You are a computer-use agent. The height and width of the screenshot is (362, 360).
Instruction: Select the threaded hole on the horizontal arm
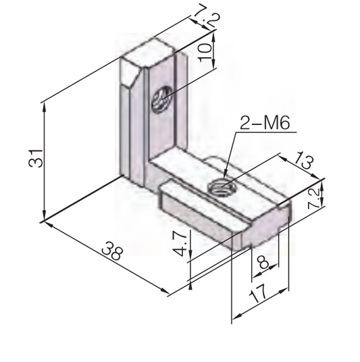(x=220, y=186)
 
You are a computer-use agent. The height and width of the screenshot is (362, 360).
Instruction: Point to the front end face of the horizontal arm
(x=263, y=226)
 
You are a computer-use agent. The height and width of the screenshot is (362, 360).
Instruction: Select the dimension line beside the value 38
(x=101, y=256)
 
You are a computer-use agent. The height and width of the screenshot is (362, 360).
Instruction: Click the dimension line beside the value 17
(x=260, y=305)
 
